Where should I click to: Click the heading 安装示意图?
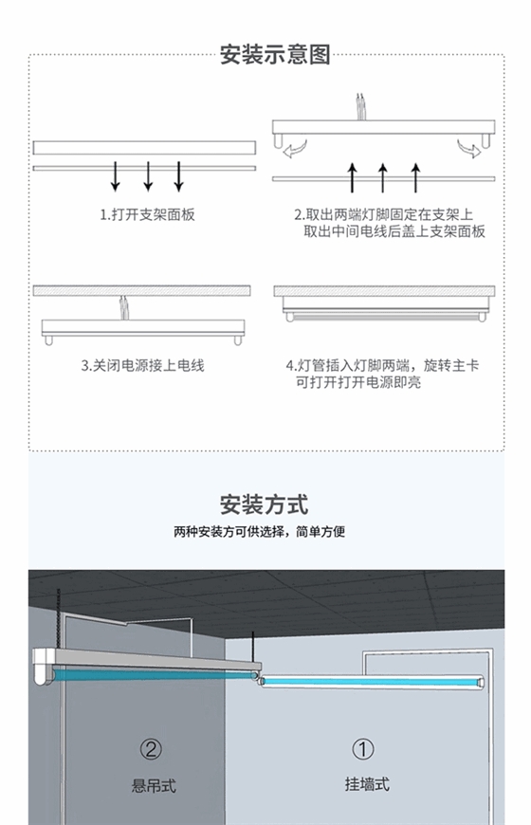click(x=275, y=55)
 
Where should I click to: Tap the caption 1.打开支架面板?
click(x=147, y=214)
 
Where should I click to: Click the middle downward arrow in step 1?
click(x=148, y=175)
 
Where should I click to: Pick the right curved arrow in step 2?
click(x=469, y=148)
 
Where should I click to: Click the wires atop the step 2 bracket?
click(x=360, y=107)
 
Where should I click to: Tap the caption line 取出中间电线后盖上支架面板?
click(x=394, y=231)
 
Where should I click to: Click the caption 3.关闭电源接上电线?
click(x=142, y=366)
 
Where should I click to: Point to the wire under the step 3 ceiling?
click(x=123, y=308)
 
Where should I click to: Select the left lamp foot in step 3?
click(x=48, y=339)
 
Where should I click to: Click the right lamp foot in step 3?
click(x=237, y=339)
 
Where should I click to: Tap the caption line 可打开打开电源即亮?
click(x=358, y=382)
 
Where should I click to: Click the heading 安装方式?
click(x=265, y=504)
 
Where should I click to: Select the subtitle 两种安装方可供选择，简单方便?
click(x=260, y=532)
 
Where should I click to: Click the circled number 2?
click(x=151, y=749)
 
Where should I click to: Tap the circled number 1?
click(x=362, y=749)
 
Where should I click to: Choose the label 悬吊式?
click(x=154, y=786)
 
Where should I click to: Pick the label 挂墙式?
click(x=367, y=784)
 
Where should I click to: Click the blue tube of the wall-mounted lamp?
click(x=373, y=682)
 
